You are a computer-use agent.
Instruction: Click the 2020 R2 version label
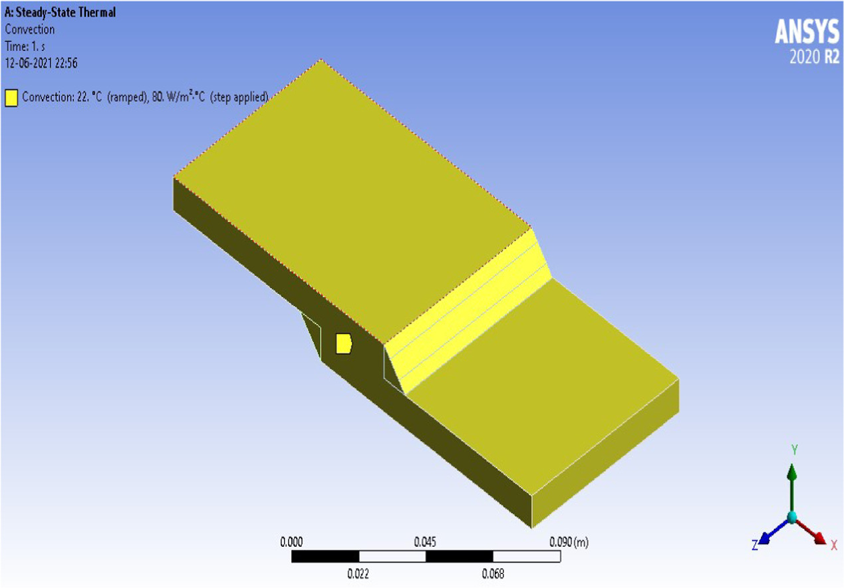[x=814, y=58]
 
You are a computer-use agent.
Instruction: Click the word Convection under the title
[x=29, y=29]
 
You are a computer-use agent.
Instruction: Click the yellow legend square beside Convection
[x=11, y=98]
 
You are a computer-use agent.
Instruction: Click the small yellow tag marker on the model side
[x=343, y=343]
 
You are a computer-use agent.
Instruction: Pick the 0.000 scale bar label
[x=292, y=542]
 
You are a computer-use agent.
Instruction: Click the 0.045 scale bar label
[x=425, y=542]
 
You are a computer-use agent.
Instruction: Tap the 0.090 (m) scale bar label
[x=568, y=542]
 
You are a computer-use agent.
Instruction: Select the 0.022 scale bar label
[x=359, y=574]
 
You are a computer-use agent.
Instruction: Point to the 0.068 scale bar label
[x=493, y=574]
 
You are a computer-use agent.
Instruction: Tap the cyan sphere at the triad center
[x=791, y=517]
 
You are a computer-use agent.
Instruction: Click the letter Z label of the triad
[x=755, y=545]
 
